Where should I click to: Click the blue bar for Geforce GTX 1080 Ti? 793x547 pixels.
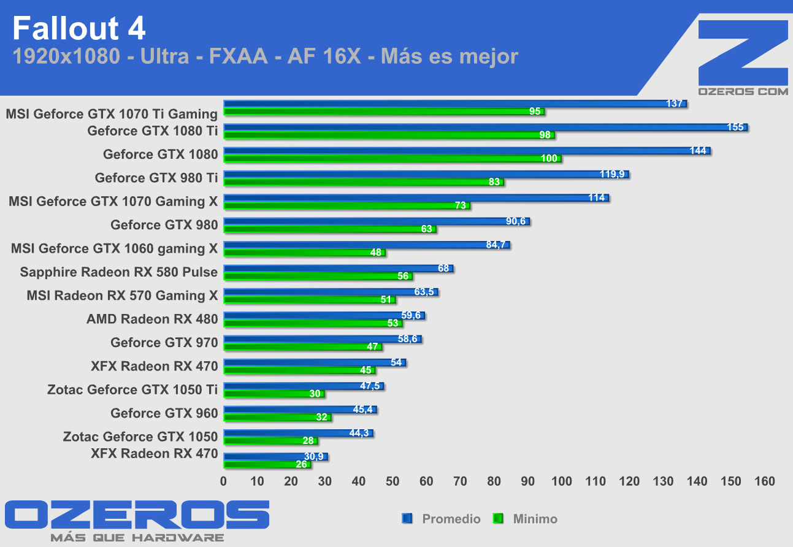pyautogui.click(x=485, y=128)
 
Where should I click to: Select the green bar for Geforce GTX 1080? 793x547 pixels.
pyautogui.click(x=393, y=159)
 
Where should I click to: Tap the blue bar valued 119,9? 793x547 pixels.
pyautogui.click(x=426, y=175)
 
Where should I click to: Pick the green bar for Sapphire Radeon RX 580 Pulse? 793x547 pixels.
pyautogui.click(x=318, y=277)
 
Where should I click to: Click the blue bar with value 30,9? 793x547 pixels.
pyautogui.click(x=275, y=457)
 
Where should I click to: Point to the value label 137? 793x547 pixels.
pyautogui.click(x=675, y=104)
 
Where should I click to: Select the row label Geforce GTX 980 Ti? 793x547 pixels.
pyautogui.click(x=156, y=178)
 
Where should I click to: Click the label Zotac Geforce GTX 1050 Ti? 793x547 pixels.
pyautogui.click(x=132, y=389)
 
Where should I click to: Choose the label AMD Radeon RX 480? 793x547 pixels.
pyautogui.click(x=152, y=319)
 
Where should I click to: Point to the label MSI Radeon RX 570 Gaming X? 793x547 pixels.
pyautogui.click(x=122, y=296)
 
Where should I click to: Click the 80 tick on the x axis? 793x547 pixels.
pyautogui.click(x=494, y=481)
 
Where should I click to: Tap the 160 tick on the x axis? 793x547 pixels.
pyautogui.click(x=765, y=481)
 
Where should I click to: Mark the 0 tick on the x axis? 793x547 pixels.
pyautogui.click(x=224, y=481)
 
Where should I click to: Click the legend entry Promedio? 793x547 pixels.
pyautogui.click(x=451, y=519)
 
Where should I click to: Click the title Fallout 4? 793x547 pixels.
pyautogui.click(x=79, y=29)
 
